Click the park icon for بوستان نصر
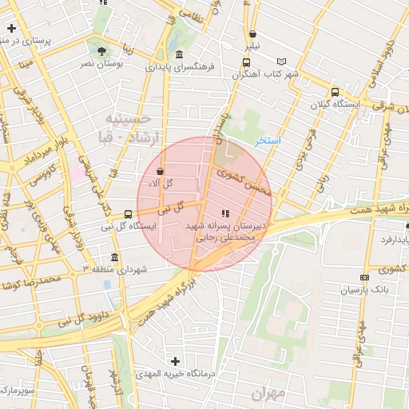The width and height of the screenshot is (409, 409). point(100,52)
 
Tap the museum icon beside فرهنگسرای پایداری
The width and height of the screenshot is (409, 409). point(177,55)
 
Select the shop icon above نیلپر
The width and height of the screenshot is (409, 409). point(253,34)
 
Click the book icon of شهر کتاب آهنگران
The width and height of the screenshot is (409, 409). point(280,62)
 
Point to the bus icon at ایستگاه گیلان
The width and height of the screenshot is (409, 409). point(334,92)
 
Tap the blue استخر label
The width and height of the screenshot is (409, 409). point(268,141)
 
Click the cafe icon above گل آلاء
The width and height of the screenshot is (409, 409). point(161,171)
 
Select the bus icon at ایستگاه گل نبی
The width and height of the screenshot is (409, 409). point(128,214)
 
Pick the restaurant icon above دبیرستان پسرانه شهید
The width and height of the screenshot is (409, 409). point(224,213)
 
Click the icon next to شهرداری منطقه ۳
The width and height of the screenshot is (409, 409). point(115,258)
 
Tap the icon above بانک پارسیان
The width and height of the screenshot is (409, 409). point(364,277)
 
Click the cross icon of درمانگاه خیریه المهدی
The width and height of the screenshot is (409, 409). point(175,361)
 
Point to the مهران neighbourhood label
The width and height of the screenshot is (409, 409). point(268,393)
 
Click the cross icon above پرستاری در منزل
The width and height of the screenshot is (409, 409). point(11,28)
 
